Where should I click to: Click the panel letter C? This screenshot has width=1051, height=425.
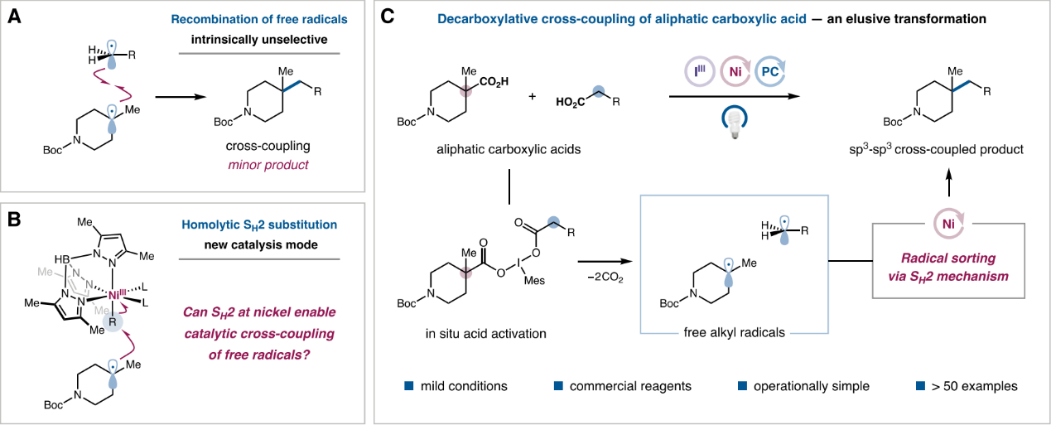tap(391, 17)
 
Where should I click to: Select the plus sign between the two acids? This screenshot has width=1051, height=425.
tap(532, 96)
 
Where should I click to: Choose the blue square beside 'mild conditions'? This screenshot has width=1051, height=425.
tap(408, 385)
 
